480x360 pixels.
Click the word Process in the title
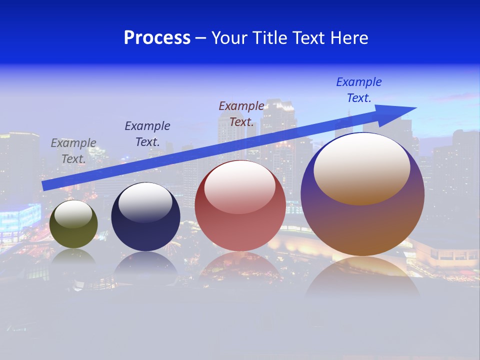click(x=157, y=38)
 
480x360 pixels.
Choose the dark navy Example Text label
click(x=147, y=134)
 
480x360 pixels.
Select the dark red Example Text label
click(x=241, y=114)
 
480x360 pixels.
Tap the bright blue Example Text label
click(x=359, y=90)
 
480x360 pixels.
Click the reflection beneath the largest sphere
click(x=362, y=277)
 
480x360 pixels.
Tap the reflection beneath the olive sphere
click(x=73, y=257)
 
